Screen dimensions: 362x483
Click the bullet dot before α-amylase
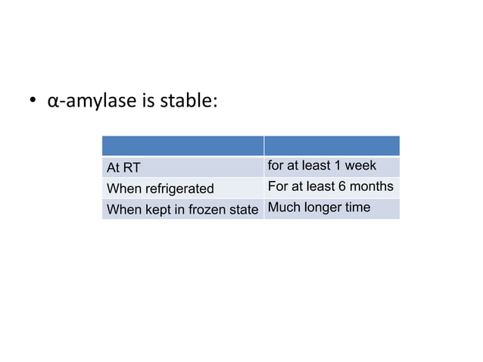tap(33, 103)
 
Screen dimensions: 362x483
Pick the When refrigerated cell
tap(182, 188)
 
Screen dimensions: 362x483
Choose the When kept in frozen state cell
tap(182, 209)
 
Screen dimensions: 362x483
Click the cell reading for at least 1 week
tap(331, 167)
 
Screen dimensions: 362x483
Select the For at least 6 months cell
tap(331, 187)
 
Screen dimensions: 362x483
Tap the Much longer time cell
tap(331, 208)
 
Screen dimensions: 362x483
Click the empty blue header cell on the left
tap(182, 146)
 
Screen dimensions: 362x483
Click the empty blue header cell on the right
tap(331, 146)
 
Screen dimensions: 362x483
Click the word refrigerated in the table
tap(179, 189)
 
